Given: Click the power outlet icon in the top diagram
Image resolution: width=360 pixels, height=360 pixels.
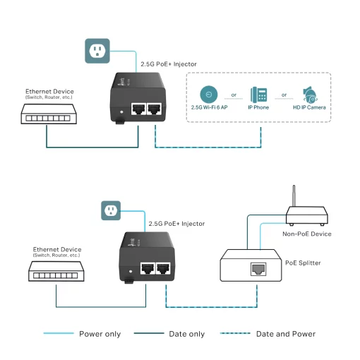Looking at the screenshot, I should [97, 49].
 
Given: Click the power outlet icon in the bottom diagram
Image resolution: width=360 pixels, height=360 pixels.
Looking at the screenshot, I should [110, 210].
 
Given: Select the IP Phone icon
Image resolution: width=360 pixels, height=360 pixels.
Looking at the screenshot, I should [258, 95].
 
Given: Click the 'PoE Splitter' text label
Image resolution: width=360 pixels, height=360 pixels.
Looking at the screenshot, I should [303, 263].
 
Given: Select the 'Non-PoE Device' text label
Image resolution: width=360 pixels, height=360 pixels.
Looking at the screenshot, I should [307, 234].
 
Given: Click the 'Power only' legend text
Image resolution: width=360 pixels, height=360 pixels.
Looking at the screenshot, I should [100, 334].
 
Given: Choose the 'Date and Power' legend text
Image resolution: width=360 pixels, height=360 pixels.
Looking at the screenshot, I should [285, 334].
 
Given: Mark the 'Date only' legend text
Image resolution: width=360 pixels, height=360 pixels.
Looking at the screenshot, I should [187, 334].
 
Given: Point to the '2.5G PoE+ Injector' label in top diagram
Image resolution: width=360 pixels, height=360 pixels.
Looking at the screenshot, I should [169, 64].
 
